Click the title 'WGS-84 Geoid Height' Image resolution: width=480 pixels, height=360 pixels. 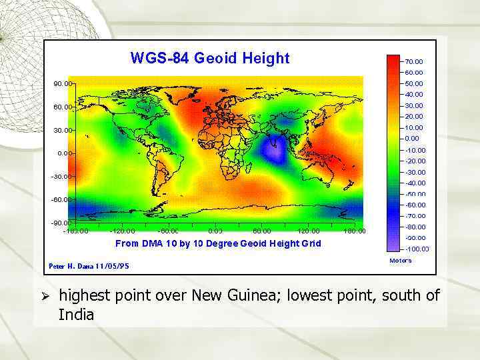[210, 59]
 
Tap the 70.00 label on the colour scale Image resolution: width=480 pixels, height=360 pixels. [413, 61]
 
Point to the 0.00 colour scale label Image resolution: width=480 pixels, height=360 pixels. [412, 139]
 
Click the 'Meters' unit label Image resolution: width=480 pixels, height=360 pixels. [400, 261]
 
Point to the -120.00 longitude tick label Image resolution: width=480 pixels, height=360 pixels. [121, 231]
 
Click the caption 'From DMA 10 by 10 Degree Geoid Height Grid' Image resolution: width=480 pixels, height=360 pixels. [218, 243]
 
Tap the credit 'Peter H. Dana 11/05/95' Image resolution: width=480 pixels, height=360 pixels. [89, 266]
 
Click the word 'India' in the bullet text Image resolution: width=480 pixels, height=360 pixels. [76, 314]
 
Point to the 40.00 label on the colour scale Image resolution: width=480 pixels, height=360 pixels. [413, 95]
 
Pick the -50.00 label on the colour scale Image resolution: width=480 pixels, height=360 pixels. [415, 194]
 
